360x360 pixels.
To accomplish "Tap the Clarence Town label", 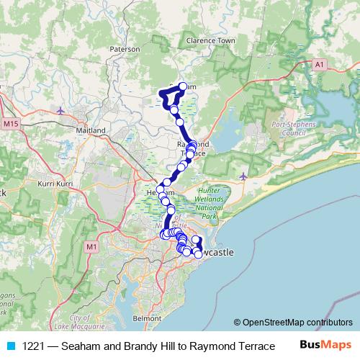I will click(210, 41).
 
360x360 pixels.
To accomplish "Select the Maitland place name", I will click(91, 130).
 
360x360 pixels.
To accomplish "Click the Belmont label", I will click(148, 317).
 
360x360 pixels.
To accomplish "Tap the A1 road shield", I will click(320, 65).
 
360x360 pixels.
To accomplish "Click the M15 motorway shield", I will click(10, 125).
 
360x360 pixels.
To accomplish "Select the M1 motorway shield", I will click(91, 247).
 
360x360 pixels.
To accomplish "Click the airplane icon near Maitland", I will click(60, 110).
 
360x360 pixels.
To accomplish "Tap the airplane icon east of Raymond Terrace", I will click(245, 175).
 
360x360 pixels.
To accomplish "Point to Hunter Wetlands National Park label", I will click(211, 203).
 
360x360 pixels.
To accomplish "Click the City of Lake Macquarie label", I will click(86, 322).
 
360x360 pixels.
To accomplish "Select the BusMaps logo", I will click(326, 346).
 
